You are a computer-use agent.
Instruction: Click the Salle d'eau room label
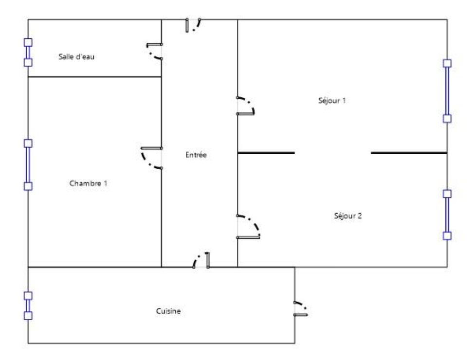point(76,56)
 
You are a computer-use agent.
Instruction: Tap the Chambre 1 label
point(88,183)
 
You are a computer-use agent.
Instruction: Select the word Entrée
point(196,155)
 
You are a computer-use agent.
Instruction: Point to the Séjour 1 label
point(332,100)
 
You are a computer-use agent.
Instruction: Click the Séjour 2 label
point(348,216)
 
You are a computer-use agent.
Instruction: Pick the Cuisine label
point(168,311)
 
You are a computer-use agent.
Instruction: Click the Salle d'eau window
point(28,53)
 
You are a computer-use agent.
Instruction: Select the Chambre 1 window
point(28,165)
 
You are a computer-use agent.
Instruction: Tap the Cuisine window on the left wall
point(28,306)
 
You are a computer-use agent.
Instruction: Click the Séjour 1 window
point(447,91)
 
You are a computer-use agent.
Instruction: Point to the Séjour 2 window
point(447,215)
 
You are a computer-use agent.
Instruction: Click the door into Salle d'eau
point(155,52)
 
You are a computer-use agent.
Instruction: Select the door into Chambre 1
point(152,158)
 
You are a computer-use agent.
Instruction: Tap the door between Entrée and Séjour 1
point(246,106)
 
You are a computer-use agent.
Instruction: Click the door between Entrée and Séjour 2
point(248,227)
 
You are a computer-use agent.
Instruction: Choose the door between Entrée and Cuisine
point(201,260)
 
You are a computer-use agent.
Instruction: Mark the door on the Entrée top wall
point(193,25)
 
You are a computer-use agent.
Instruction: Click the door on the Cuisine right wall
point(300,308)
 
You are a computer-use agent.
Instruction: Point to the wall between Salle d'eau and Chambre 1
point(94,76)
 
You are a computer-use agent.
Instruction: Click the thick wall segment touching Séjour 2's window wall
point(409,153)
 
